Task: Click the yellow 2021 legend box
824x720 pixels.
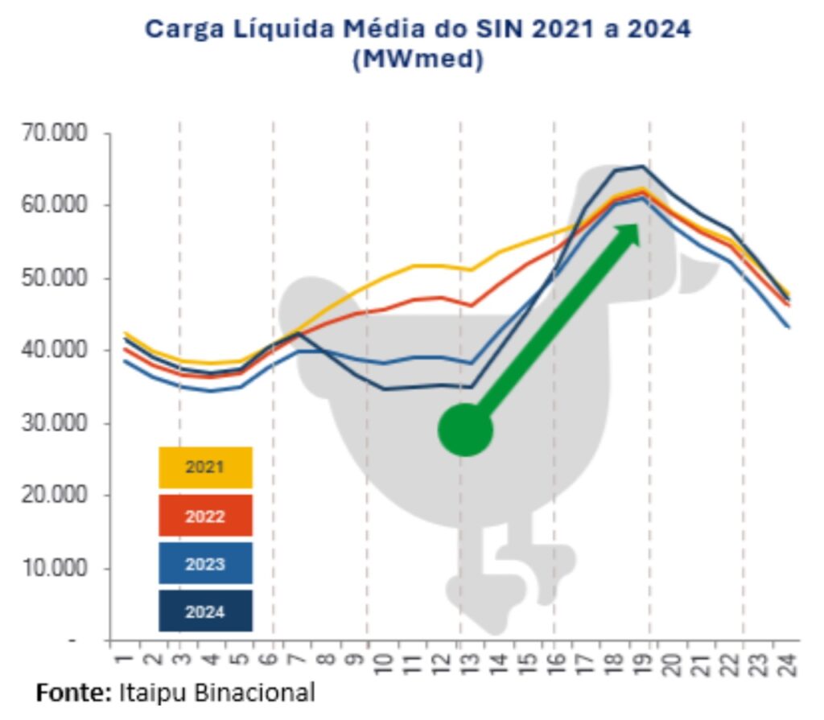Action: [x=205, y=467]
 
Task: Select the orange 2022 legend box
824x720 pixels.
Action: [x=205, y=516]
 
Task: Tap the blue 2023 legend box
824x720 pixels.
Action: [x=205, y=564]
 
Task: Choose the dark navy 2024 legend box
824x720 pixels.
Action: [x=205, y=611]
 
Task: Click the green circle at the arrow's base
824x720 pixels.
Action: [x=465, y=430]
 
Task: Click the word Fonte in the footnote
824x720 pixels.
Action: [x=73, y=693]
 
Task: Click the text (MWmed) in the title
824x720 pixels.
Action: [x=418, y=61]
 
